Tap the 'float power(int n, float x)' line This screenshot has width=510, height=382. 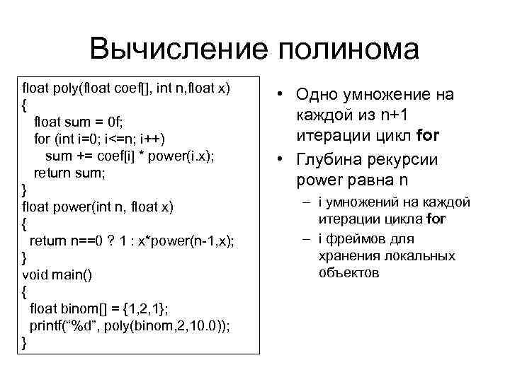point(98,206)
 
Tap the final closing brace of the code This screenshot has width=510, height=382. point(25,342)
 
